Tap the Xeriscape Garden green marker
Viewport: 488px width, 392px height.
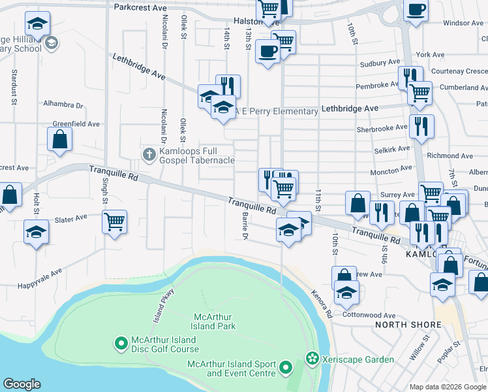pos(312,359)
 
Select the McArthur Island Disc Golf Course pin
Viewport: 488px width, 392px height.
pos(121,342)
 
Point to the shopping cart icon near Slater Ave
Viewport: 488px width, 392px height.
pos(114,221)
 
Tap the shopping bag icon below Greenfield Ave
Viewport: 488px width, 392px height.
pos(59,139)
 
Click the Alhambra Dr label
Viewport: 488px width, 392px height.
pos(64,105)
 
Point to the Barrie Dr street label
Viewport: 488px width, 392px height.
pos(245,225)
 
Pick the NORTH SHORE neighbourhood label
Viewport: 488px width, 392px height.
pos(401,325)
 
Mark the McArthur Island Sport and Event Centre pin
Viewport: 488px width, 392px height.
pos(285,368)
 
